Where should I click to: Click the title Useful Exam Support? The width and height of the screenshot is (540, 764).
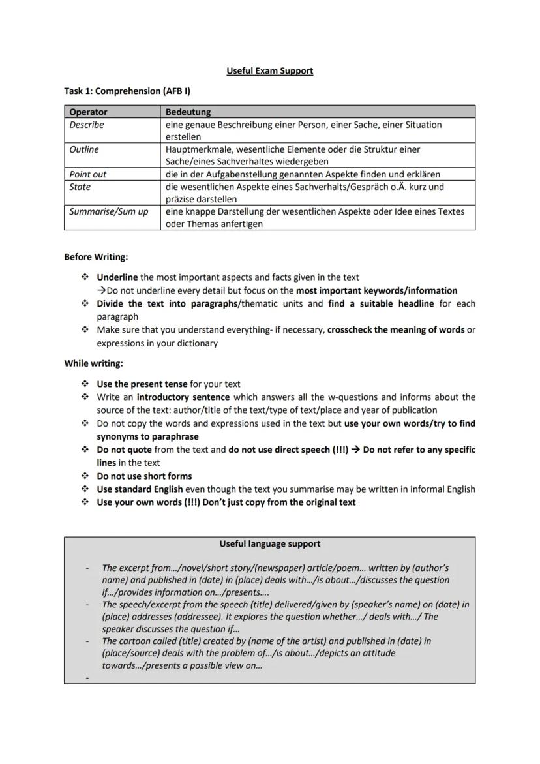(x=269, y=70)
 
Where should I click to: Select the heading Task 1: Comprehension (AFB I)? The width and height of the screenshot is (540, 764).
(x=127, y=91)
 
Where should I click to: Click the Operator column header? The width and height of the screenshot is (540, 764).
(x=88, y=112)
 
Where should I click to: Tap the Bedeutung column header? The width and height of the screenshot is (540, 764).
(x=188, y=112)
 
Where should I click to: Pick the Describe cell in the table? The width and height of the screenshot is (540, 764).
(x=87, y=125)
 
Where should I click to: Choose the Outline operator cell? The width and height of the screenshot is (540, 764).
(x=84, y=149)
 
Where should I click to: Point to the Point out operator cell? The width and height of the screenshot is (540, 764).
(x=87, y=174)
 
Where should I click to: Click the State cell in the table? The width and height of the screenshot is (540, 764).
(x=80, y=187)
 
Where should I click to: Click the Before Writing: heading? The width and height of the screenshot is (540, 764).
(x=96, y=257)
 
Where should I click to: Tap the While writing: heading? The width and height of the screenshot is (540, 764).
(x=93, y=363)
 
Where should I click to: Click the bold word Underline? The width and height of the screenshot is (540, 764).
(x=117, y=277)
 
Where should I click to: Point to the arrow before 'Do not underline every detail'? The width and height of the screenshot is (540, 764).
(x=102, y=291)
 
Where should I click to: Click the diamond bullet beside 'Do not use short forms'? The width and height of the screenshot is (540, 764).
(x=85, y=476)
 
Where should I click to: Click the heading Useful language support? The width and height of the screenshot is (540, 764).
(x=269, y=543)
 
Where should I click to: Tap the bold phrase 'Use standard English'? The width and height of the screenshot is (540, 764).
(x=140, y=489)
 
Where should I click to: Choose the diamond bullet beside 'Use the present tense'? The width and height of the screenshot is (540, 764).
(x=85, y=384)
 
